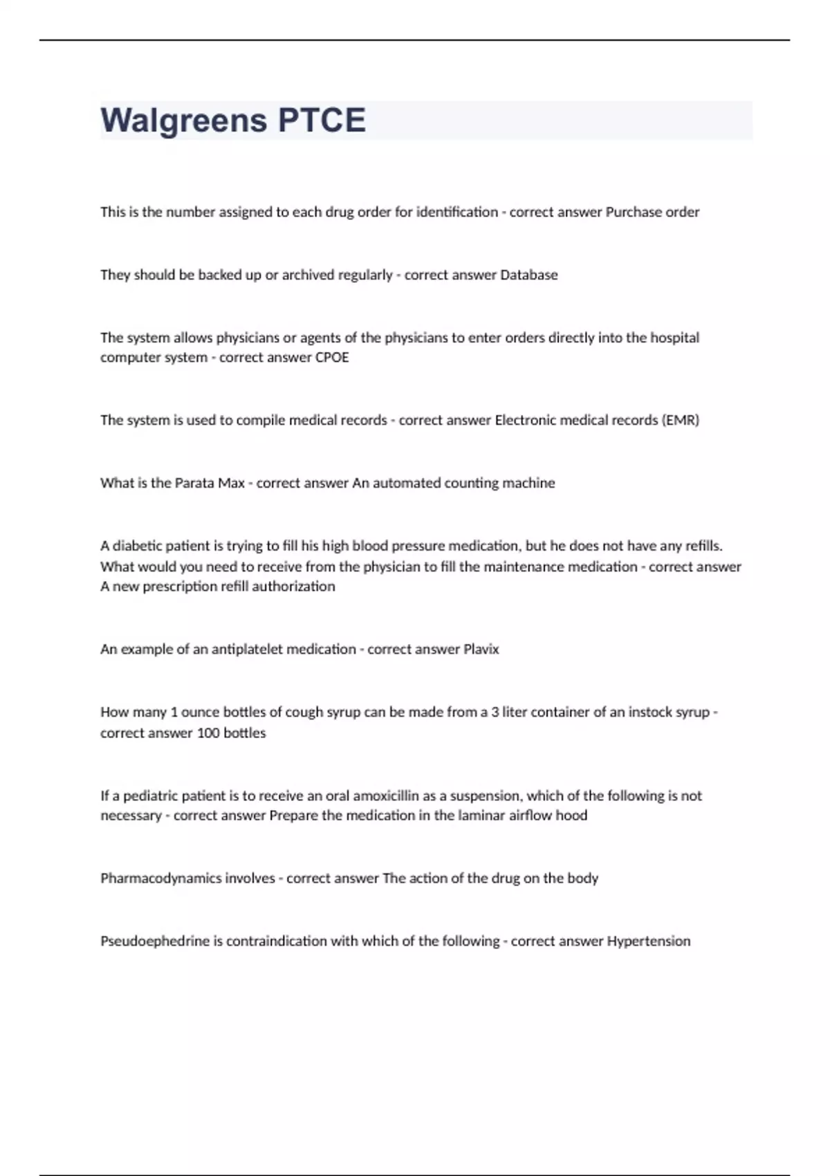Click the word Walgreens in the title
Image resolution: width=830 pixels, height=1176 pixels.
coord(184,120)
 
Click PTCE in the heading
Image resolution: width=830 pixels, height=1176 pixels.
coord(322,120)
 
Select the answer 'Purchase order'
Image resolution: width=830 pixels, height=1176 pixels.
coord(652,212)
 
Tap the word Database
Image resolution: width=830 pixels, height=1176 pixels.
coord(528,275)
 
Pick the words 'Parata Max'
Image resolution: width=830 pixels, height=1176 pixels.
coord(210,483)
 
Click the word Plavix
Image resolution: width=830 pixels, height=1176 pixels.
coord(481,649)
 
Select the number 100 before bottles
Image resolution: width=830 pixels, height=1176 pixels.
coord(207,733)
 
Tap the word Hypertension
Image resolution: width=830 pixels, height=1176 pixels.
coord(648,941)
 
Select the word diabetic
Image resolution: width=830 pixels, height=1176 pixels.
coord(136,546)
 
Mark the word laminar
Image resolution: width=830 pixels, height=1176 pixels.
coord(481,816)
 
